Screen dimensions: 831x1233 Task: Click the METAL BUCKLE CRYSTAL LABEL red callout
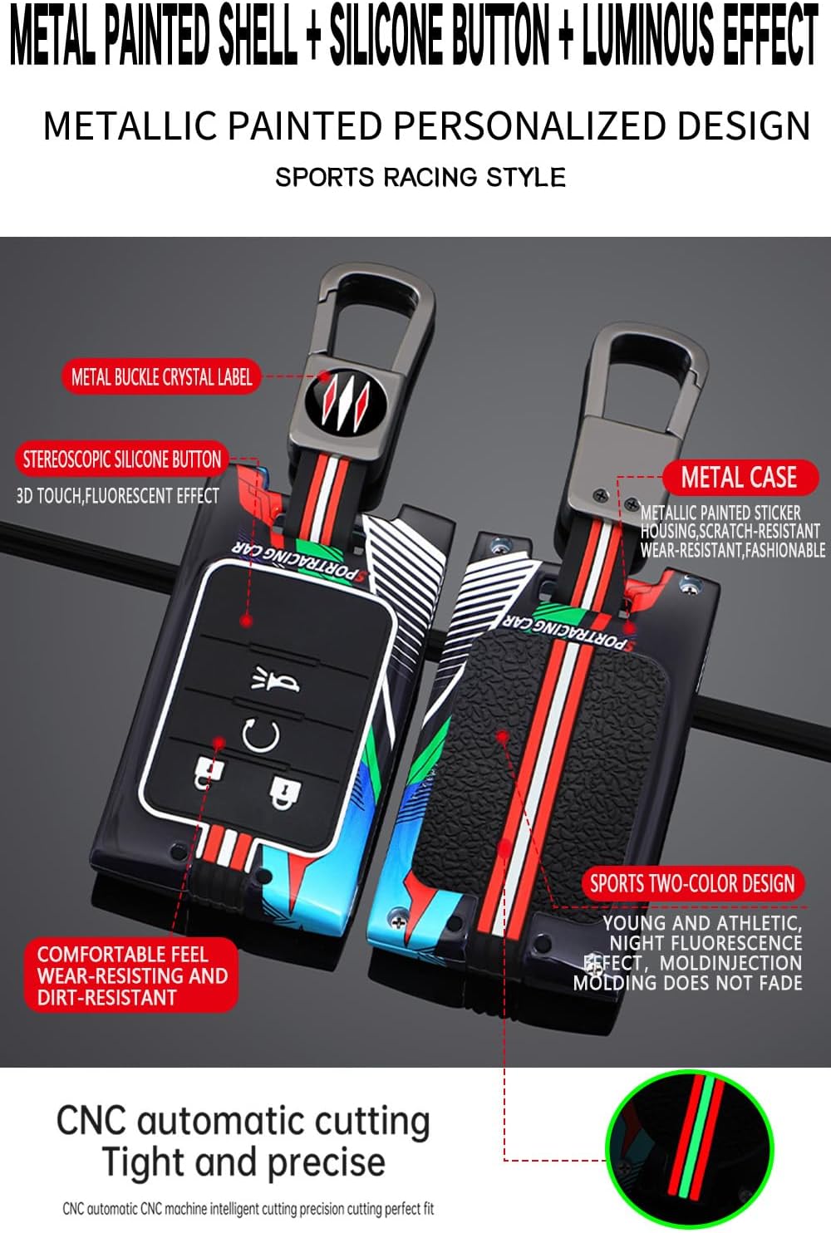pos(161,376)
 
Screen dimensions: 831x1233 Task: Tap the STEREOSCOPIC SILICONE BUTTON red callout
pos(121,459)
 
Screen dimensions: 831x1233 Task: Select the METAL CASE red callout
pos(740,477)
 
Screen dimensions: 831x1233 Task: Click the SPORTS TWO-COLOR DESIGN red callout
pos(693,883)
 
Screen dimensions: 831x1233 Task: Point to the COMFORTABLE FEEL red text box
pos(131,975)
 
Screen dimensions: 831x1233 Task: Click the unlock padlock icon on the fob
pos(208,772)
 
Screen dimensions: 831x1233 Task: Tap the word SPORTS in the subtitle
pos(325,177)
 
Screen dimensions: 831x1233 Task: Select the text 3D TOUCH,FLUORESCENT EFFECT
pos(117,496)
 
